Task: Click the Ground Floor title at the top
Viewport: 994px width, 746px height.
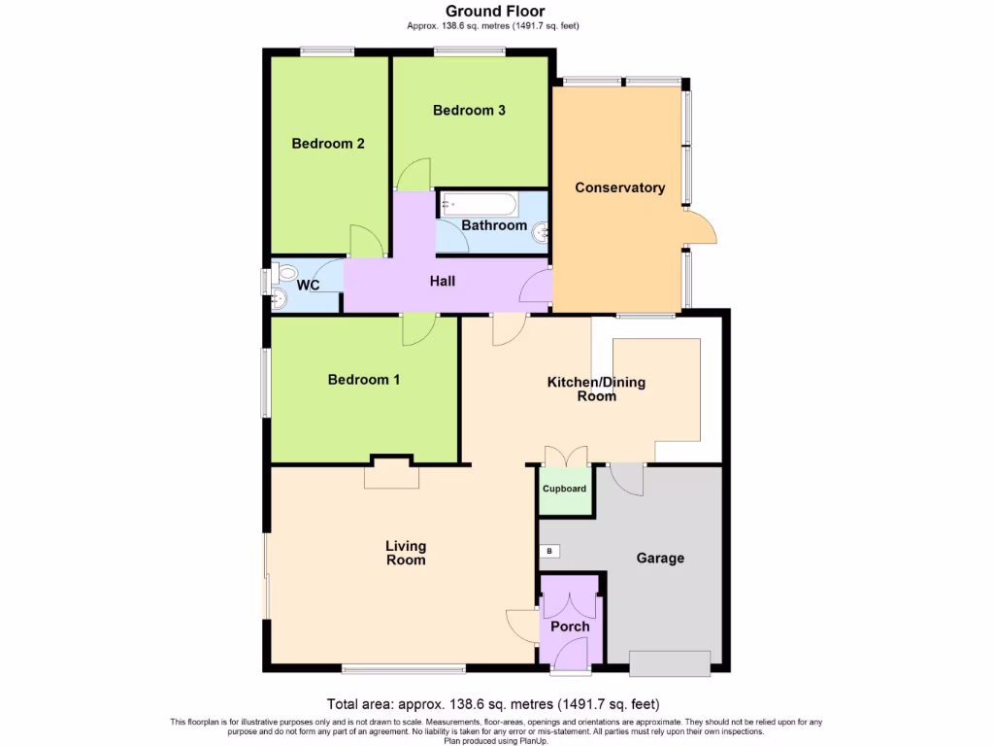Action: pyautogui.click(x=496, y=12)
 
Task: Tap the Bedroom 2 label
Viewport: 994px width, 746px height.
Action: pyautogui.click(x=328, y=144)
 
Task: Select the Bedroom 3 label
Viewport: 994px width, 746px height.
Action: pyautogui.click(x=469, y=111)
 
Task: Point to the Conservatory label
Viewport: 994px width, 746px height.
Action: pyautogui.click(x=619, y=187)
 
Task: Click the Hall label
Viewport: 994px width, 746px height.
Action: pyautogui.click(x=443, y=282)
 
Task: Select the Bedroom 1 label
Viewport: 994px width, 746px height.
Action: pyautogui.click(x=364, y=380)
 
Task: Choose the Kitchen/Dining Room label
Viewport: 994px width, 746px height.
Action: pyautogui.click(x=596, y=389)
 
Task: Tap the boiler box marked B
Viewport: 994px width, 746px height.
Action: pyautogui.click(x=549, y=552)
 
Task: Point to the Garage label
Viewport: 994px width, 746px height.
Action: pyautogui.click(x=660, y=559)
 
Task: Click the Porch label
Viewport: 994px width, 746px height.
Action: pyautogui.click(x=570, y=627)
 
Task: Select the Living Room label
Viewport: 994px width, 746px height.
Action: pyautogui.click(x=406, y=553)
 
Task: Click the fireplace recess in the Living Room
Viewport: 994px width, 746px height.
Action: pyautogui.click(x=391, y=475)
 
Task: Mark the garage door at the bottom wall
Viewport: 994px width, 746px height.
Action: pyautogui.click(x=669, y=663)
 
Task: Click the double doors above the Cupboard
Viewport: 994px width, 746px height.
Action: pyautogui.click(x=566, y=457)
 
